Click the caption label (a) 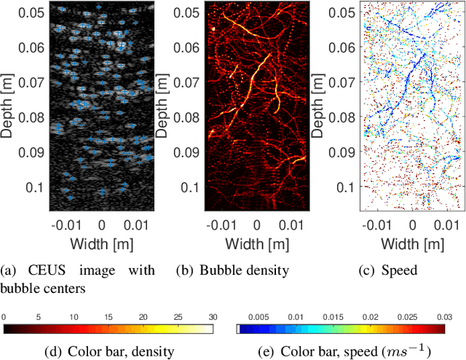click(x=10, y=271)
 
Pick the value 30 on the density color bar click(x=212, y=318)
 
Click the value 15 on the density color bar click(x=108, y=318)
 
